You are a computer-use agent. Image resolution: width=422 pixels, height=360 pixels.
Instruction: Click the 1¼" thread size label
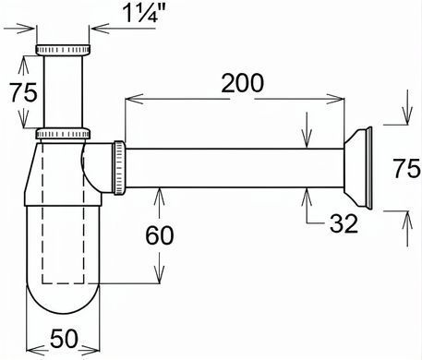[144, 13]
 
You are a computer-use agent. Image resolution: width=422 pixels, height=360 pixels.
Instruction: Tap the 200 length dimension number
[243, 83]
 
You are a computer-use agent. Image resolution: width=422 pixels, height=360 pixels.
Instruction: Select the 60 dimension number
[160, 235]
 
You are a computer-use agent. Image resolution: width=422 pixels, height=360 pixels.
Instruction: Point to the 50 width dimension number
[64, 339]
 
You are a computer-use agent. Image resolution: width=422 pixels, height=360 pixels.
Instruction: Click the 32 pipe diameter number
[344, 223]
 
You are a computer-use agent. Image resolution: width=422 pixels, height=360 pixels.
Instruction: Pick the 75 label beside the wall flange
[406, 168]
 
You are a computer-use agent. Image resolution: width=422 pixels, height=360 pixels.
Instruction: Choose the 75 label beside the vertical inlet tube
[23, 92]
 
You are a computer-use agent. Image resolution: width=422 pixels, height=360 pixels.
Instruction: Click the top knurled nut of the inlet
[63, 50]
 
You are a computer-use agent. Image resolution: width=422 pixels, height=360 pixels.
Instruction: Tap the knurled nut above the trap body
[63, 134]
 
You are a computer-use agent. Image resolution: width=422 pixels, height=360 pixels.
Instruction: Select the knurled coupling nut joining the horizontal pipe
[119, 168]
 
